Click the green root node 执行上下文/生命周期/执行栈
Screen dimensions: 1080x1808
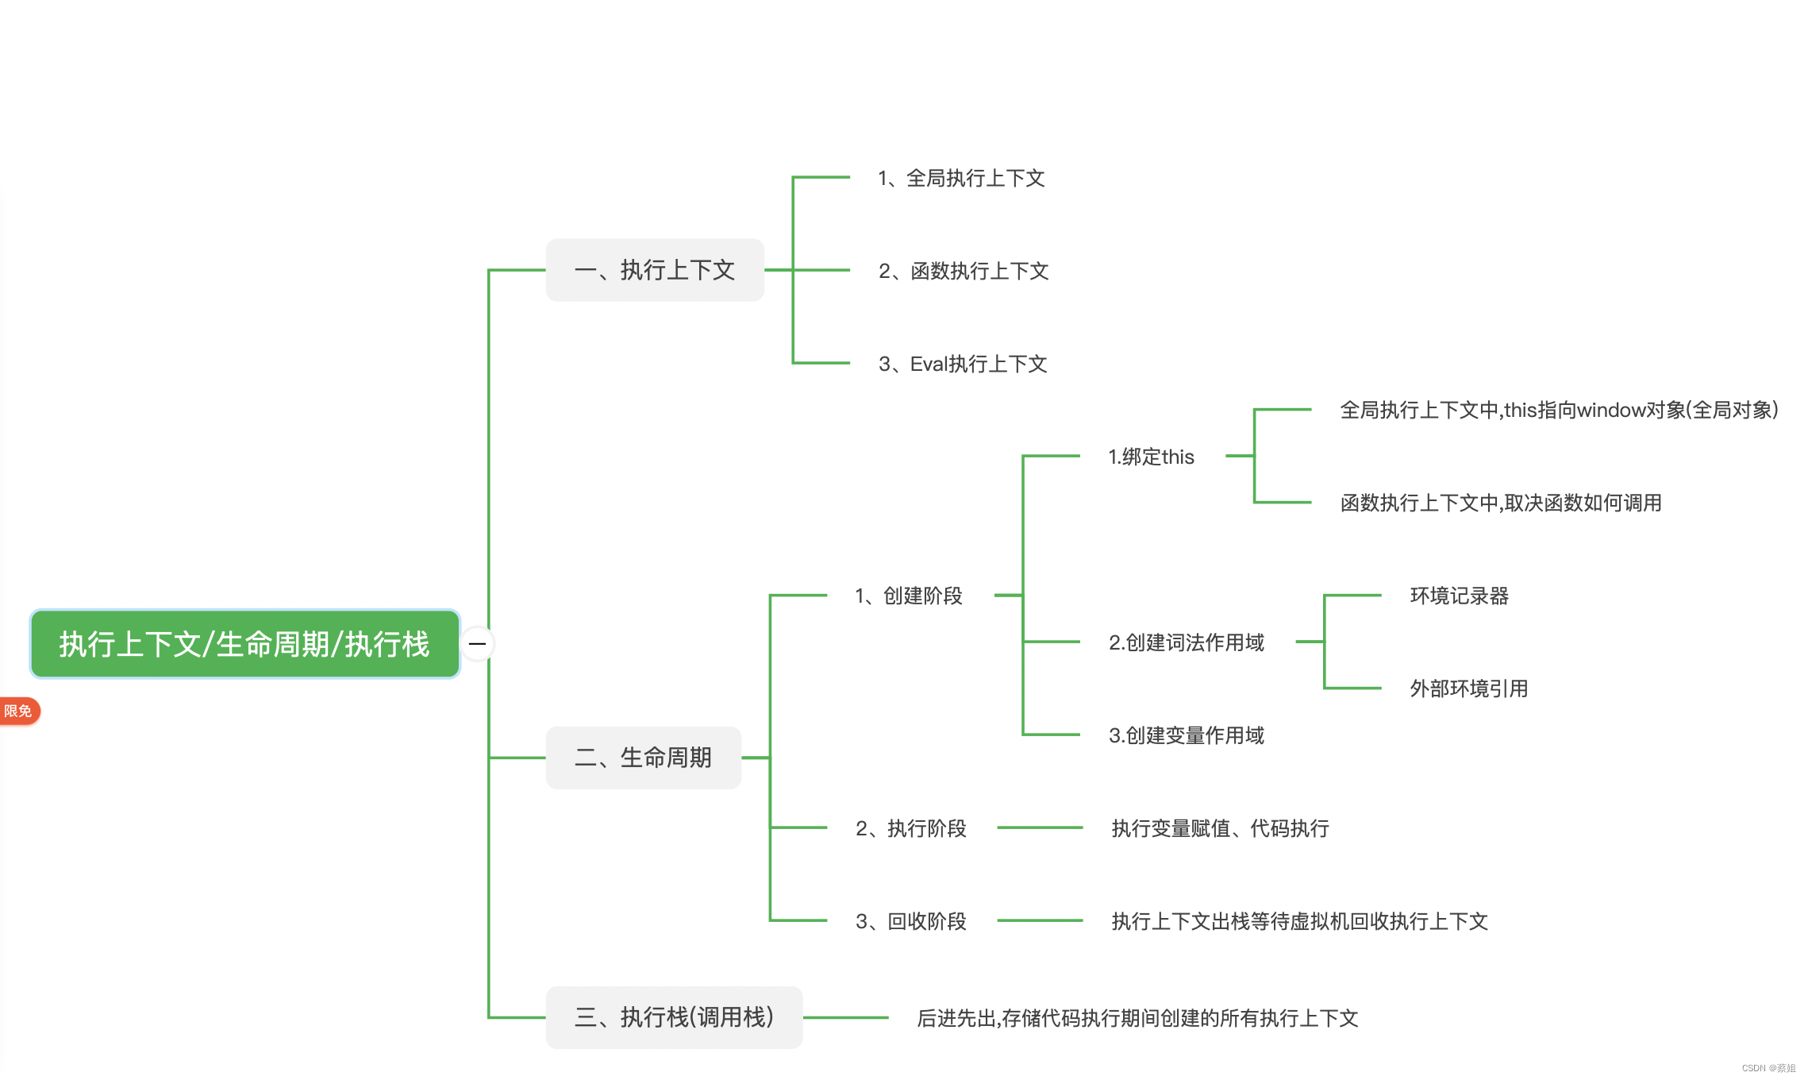click(x=244, y=644)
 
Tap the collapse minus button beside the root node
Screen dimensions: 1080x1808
click(x=477, y=644)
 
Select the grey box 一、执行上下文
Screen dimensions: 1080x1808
click(x=655, y=270)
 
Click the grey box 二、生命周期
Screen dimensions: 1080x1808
click(x=643, y=758)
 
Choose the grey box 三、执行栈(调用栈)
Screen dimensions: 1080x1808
click(x=674, y=1017)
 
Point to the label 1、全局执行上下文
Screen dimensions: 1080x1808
click(x=960, y=178)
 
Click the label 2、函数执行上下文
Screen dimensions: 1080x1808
click(x=963, y=271)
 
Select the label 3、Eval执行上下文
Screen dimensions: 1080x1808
click(x=962, y=364)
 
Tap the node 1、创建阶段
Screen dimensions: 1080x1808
click(x=908, y=596)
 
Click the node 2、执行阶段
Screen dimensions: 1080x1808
click(x=910, y=828)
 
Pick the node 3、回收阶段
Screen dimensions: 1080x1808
click(x=910, y=921)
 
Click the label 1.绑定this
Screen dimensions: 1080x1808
click(x=1151, y=457)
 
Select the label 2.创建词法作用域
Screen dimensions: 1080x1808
click(x=1186, y=642)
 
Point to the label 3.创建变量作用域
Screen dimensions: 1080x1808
click(x=1186, y=735)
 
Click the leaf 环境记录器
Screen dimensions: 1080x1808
click(x=1459, y=596)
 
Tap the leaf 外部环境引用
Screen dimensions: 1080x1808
click(x=1468, y=688)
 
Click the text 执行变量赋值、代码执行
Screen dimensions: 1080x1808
click(x=1220, y=828)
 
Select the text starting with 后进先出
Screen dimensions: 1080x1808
click(x=1137, y=1018)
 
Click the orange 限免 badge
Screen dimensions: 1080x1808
click(x=18, y=711)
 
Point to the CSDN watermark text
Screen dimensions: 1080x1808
click(x=1768, y=1068)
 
